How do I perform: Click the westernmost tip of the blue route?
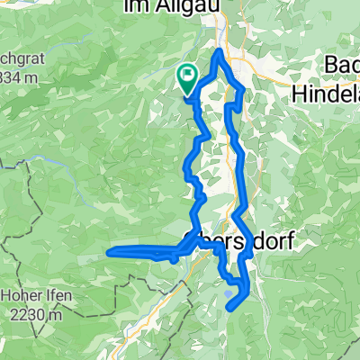coord(109,253)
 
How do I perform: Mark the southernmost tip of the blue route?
coord(229,309)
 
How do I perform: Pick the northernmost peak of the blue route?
coord(220,53)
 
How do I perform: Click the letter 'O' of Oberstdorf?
coord(190,241)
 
